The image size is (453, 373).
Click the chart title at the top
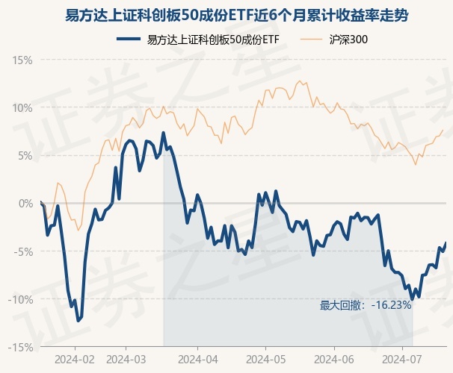226,16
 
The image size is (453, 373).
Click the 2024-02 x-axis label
75,359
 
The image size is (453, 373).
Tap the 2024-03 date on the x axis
126,359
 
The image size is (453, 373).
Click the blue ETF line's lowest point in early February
78,321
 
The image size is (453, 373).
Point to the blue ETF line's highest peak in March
163,133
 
